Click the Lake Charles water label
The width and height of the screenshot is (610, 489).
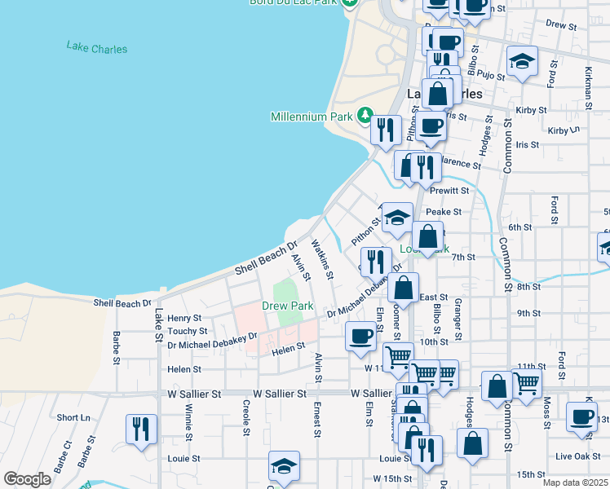click(97, 48)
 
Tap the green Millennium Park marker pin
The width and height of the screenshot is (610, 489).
click(366, 117)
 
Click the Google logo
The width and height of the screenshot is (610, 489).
click(27, 478)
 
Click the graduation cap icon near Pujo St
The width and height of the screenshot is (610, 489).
click(522, 61)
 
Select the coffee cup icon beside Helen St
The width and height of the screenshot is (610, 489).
click(360, 335)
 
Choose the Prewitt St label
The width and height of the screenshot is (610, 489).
click(454, 191)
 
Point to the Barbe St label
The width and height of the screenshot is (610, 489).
click(117, 347)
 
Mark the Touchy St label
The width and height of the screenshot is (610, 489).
click(187, 332)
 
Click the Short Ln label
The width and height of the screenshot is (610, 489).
click(74, 417)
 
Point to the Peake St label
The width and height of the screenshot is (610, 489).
click(449, 211)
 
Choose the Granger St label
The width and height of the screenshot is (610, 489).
click(458, 319)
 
